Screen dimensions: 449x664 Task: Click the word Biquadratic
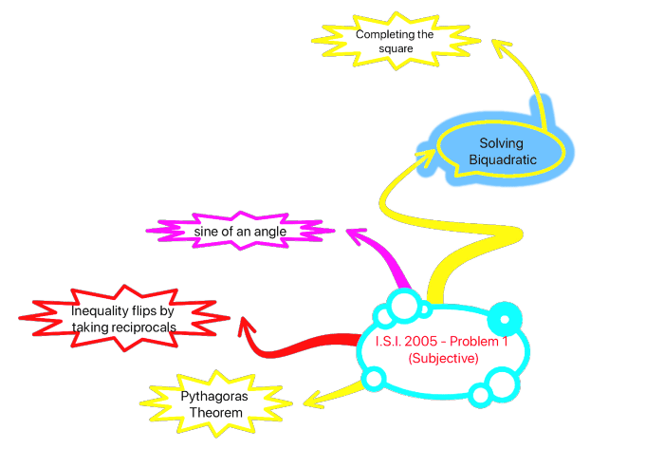[x=503, y=159]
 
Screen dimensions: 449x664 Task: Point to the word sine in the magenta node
[x=208, y=231]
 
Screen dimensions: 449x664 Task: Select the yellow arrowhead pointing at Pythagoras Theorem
[x=309, y=402]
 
